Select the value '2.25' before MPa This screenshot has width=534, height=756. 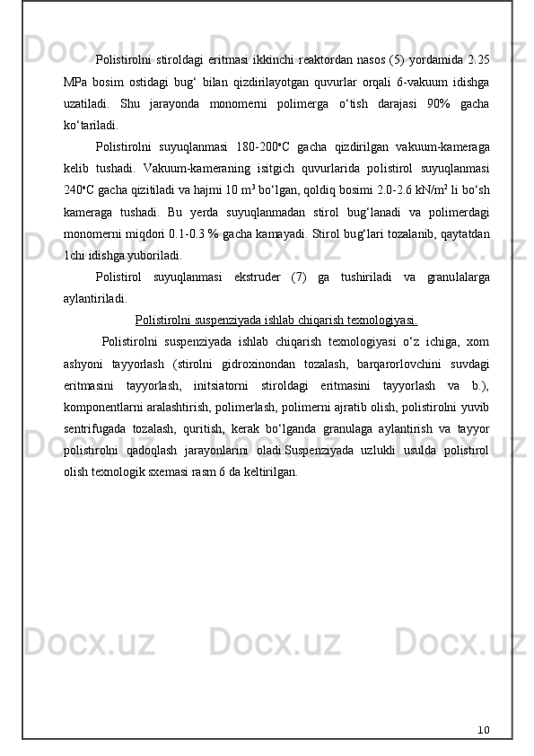pos(477,59)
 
